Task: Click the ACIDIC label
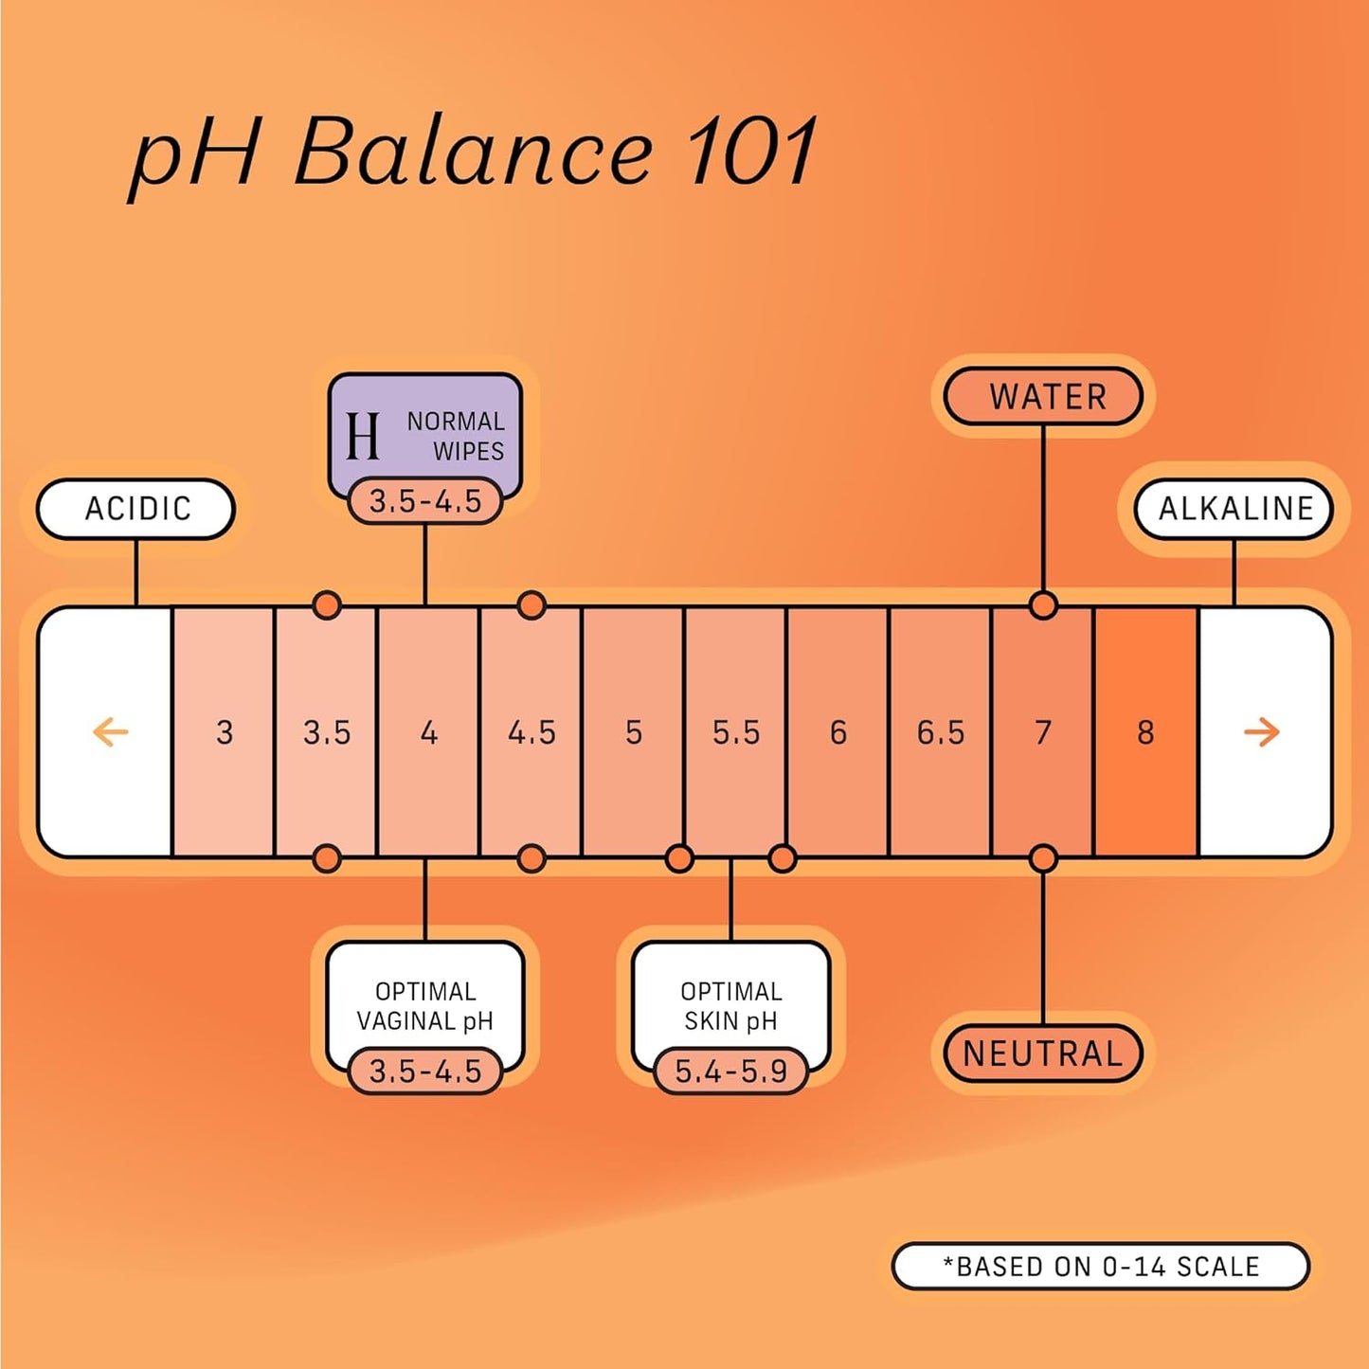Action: tap(136, 509)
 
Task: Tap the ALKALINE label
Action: tap(1234, 509)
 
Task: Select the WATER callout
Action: tap(1045, 396)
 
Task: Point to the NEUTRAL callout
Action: tap(1043, 1054)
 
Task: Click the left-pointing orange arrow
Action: tap(110, 731)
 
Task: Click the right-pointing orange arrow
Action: tap(1261, 731)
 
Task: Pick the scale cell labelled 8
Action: tap(1145, 732)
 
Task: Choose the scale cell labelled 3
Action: tap(224, 732)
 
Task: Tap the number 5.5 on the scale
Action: tap(736, 732)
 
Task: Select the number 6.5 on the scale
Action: tap(940, 732)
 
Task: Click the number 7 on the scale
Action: tap(1042, 732)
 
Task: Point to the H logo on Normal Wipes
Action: tap(363, 436)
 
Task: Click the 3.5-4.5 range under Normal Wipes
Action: tap(425, 501)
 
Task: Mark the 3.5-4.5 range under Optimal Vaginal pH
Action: tap(425, 1072)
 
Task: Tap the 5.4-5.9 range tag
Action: tap(730, 1072)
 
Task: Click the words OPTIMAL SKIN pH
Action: tap(730, 1005)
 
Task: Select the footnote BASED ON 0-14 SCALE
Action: tap(1101, 1267)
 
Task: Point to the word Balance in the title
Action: tap(473, 152)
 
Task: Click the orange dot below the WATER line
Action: tap(1043, 604)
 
